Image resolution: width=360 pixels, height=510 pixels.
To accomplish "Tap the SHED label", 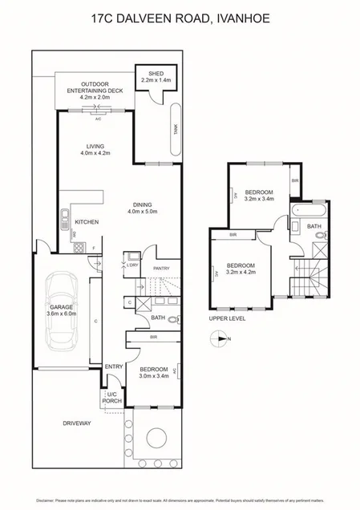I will pyautogui.click(x=152, y=73).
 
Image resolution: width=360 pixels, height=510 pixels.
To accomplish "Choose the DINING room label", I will pyautogui.click(x=144, y=204).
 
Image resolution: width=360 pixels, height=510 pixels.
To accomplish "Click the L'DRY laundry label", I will pyautogui.click(x=133, y=265).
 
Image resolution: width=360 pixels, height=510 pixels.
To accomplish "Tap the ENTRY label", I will pyautogui.click(x=113, y=367).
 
